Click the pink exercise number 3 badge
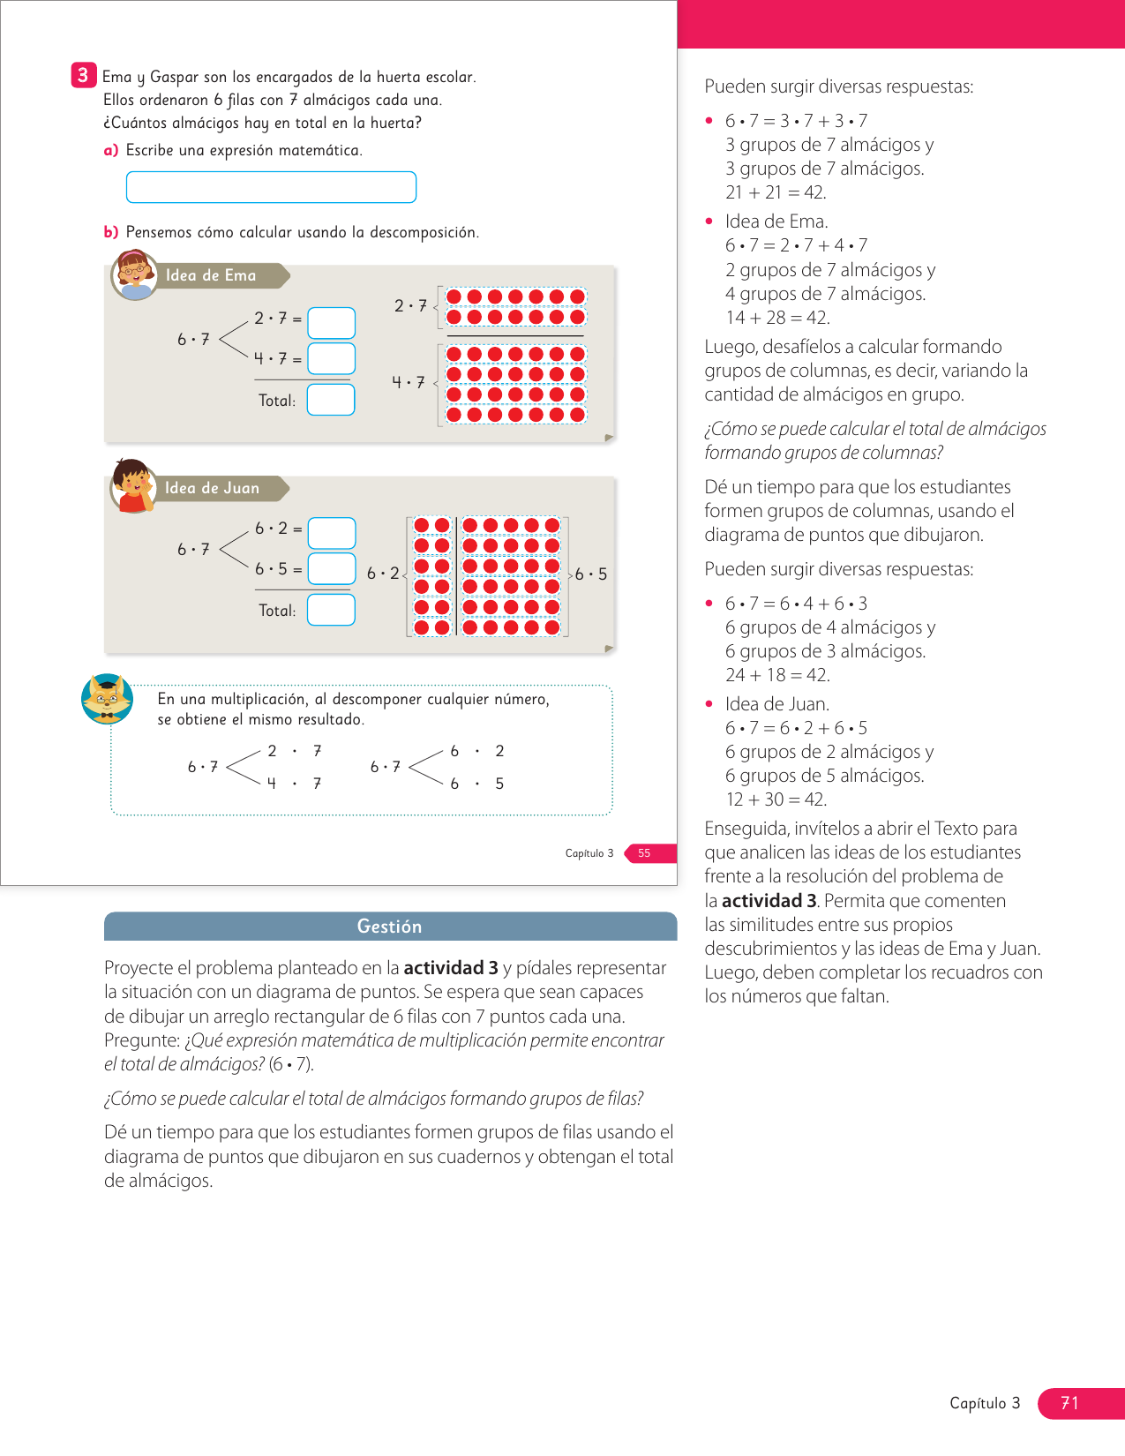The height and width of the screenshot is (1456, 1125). click(x=83, y=75)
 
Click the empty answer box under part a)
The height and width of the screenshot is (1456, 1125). click(x=271, y=187)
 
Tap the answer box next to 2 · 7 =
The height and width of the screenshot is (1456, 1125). click(x=331, y=323)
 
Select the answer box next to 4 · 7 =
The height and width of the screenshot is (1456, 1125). click(x=331, y=359)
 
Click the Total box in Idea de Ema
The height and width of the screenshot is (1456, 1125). click(x=331, y=400)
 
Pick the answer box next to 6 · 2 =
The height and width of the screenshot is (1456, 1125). click(x=332, y=533)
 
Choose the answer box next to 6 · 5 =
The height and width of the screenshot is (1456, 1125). click(x=332, y=569)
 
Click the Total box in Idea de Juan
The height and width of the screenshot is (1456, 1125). click(x=331, y=610)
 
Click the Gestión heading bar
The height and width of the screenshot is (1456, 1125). click(x=390, y=927)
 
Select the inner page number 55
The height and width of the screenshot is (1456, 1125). click(x=644, y=853)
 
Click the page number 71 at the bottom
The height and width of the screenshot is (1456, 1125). click(x=1069, y=1403)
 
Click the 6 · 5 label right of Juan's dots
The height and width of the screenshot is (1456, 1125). click(x=591, y=574)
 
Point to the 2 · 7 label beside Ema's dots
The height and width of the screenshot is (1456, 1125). click(x=410, y=306)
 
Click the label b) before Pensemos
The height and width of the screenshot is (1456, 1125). click(x=111, y=232)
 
